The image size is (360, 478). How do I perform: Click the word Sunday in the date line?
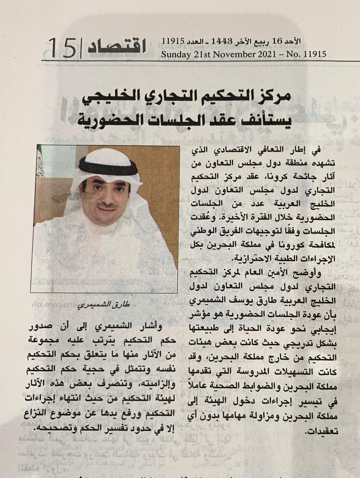[174, 54]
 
